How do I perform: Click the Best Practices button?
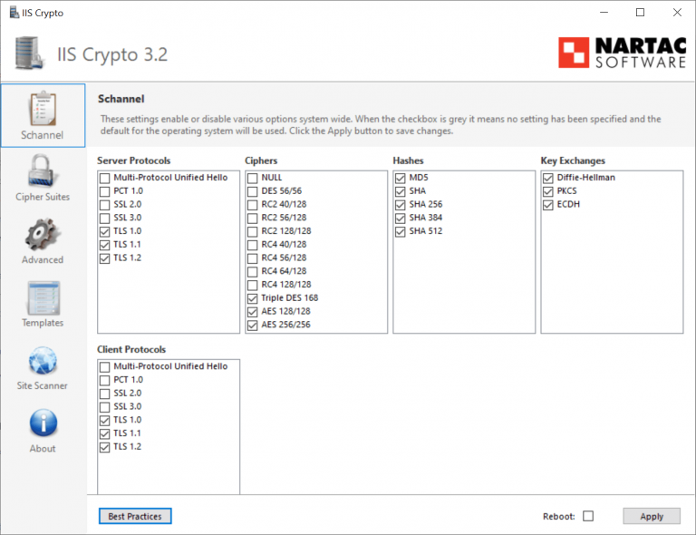coord(135,516)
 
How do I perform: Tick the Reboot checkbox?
coord(588,516)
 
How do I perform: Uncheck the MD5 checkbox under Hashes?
coord(401,178)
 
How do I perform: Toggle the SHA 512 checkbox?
coord(401,231)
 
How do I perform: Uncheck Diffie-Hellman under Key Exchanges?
coord(548,178)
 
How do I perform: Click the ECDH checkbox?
coord(548,204)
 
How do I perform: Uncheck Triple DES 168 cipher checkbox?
coord(253,298)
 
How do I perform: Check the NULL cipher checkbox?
coord(253,178)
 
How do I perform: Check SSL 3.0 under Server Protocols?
coord(105,218)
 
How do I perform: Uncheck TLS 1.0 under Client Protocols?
coord(105,420)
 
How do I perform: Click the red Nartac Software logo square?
coord(573,53)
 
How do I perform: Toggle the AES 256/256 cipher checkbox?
coord(253,325)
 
